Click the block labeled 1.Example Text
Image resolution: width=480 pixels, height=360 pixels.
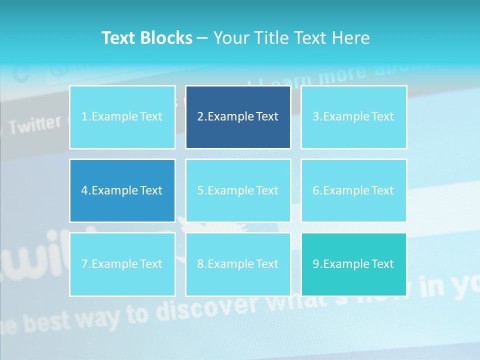pyautogui.click(x=122, y=117)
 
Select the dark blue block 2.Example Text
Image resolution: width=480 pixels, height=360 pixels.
pyautogui.click(x=238, y=117)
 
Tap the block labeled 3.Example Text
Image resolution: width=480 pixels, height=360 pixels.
pyautogui.click(x=353, y=117)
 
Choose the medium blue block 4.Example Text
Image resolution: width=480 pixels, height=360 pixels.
pyautogui.click(x=122, y=190)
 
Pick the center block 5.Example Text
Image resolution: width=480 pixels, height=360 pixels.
pyautogui.click(x=238, y=190)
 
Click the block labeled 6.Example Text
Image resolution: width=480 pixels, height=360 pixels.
pyautogui.click(x=353, y=190)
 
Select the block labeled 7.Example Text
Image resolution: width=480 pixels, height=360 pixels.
pyautogui.click(x=122, y=264)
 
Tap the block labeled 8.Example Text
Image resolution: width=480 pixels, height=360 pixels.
pyautogui.click(x=238, y=264)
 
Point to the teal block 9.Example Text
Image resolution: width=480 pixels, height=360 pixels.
pyautogui.click(x=353, y=264)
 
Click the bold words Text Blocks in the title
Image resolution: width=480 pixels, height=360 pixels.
pyautogui.click(x=146, y=38)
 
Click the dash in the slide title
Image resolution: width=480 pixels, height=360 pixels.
pyautogui.click(x=202, y=38)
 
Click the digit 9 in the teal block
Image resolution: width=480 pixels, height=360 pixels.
pyautogui.click(x=316, y=264)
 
